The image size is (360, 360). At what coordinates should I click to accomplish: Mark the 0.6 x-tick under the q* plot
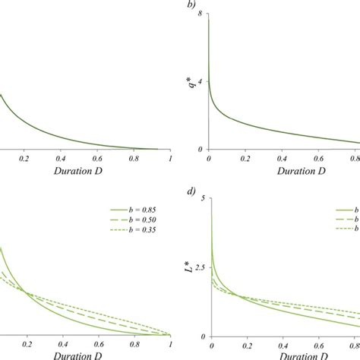click(x=319, y=159)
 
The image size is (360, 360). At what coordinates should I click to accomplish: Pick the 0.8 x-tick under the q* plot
click(x=353, y=159)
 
